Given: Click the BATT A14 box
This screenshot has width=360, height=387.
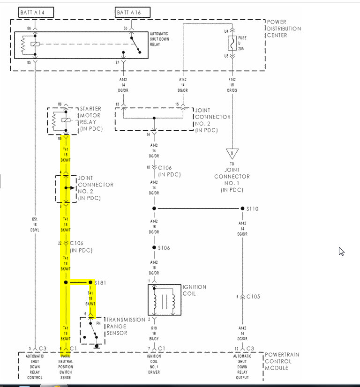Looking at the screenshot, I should (x=36, y=12).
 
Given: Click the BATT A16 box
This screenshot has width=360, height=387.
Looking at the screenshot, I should (x=132, y=12).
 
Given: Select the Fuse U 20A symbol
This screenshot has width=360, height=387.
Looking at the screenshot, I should (x=231, y=44).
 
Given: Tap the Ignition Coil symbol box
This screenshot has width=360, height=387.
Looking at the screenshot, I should (x=164, y=299).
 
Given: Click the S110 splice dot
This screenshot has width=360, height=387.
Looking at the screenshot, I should (x=242, y=208).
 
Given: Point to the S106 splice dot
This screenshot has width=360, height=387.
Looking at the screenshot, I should (x=154, y=247).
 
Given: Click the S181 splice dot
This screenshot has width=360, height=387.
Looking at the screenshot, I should (x=92, y=283).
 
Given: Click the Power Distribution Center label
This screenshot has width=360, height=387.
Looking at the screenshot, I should (x=284, y=29).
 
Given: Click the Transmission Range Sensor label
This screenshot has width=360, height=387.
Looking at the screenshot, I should (x=125, y=326).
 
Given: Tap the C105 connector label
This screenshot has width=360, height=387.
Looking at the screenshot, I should (x=253, y=297).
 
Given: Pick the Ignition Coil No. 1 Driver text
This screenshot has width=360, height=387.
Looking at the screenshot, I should (x=154, y=365).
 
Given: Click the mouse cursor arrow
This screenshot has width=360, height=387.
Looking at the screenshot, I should (x=341, y=251).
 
